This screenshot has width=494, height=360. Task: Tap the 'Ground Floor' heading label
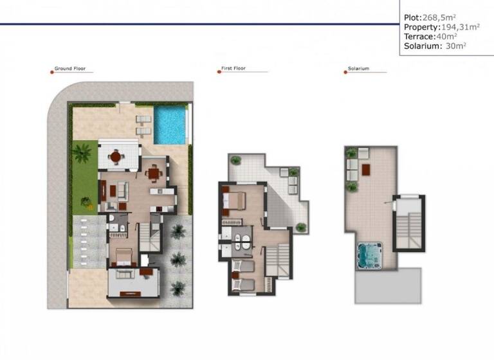click(70, 69)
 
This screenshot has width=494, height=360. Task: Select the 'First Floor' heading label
click(235, 69)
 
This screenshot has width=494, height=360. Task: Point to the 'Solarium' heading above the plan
click(358, 69)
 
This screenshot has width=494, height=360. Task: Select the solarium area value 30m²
click(455, 46)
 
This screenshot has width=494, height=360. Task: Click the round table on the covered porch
click(116, 156)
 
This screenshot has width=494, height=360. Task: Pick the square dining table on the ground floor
click(153, 172)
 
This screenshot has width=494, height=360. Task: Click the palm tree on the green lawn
click(82, 153)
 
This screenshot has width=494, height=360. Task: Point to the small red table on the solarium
click(366, 169)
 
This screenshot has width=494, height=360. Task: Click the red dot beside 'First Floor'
click(219, 71)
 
